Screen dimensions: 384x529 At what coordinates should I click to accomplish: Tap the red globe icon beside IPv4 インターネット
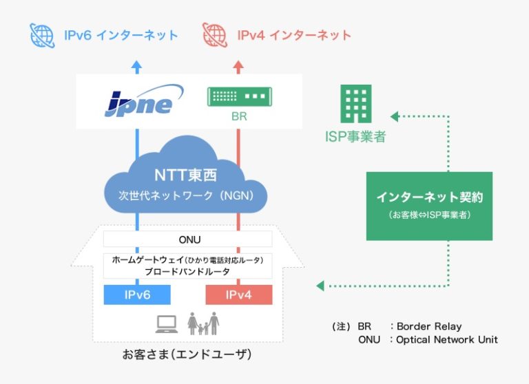tap(215, 34)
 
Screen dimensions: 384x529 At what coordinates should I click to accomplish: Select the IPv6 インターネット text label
tap(121, 34)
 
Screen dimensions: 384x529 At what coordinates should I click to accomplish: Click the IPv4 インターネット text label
tap(294, 34)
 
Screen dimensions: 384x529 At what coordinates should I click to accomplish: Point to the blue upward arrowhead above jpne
tap(136, 66)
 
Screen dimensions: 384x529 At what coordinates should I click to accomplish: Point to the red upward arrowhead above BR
tap(238, 66)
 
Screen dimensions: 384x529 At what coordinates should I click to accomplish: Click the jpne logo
tap(140, 101)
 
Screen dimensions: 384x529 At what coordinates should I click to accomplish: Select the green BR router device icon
tap(238, 96)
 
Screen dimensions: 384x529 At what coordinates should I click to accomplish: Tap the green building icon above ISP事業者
tap(355, 104)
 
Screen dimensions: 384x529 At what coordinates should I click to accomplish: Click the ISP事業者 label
tap(355, 136)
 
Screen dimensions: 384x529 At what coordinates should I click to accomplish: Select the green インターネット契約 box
tap(429, 206)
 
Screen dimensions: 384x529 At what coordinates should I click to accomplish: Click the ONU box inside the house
tap(187, 239)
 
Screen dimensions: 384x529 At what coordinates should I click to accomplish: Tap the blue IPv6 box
tap(136, 295)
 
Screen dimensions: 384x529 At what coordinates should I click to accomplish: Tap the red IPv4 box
tap(239, 295)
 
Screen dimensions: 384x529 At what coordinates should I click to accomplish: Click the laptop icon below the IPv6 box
tap(167, 322)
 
